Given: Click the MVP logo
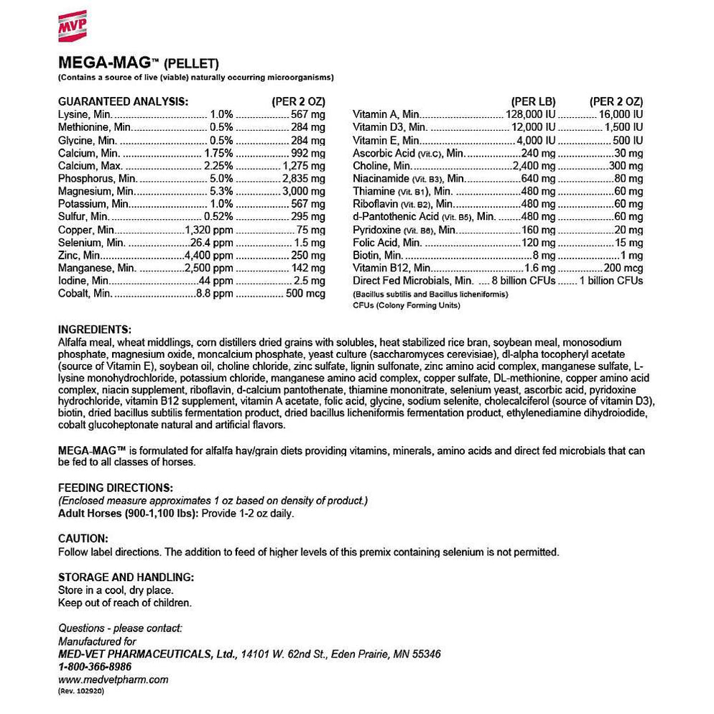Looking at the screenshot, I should [x=72, y=26].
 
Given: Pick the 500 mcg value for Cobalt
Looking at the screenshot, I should [x=305, y=293].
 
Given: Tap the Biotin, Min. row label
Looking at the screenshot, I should [x=377, y=255].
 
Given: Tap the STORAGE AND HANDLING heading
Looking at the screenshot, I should [x=125, y=577].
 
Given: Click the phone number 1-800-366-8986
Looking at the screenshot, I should [x=95, y=666].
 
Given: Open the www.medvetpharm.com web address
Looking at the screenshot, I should [x=113, y=679].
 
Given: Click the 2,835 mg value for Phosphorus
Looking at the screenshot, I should [x=303, y=178].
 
